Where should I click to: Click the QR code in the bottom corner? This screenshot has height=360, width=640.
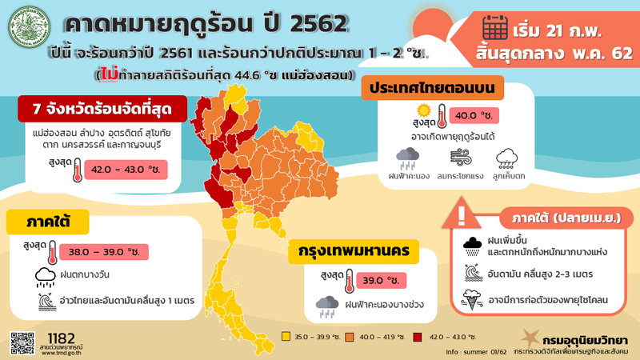[22, 342]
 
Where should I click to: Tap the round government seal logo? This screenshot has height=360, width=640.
[30, 30]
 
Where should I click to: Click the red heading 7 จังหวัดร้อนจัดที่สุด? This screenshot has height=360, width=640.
[99, 110]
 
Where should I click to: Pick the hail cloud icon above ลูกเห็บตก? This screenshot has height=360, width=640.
[510, 158]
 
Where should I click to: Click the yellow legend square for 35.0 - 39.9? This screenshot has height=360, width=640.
[286, 337]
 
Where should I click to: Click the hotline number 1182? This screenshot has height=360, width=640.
[62, 337]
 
